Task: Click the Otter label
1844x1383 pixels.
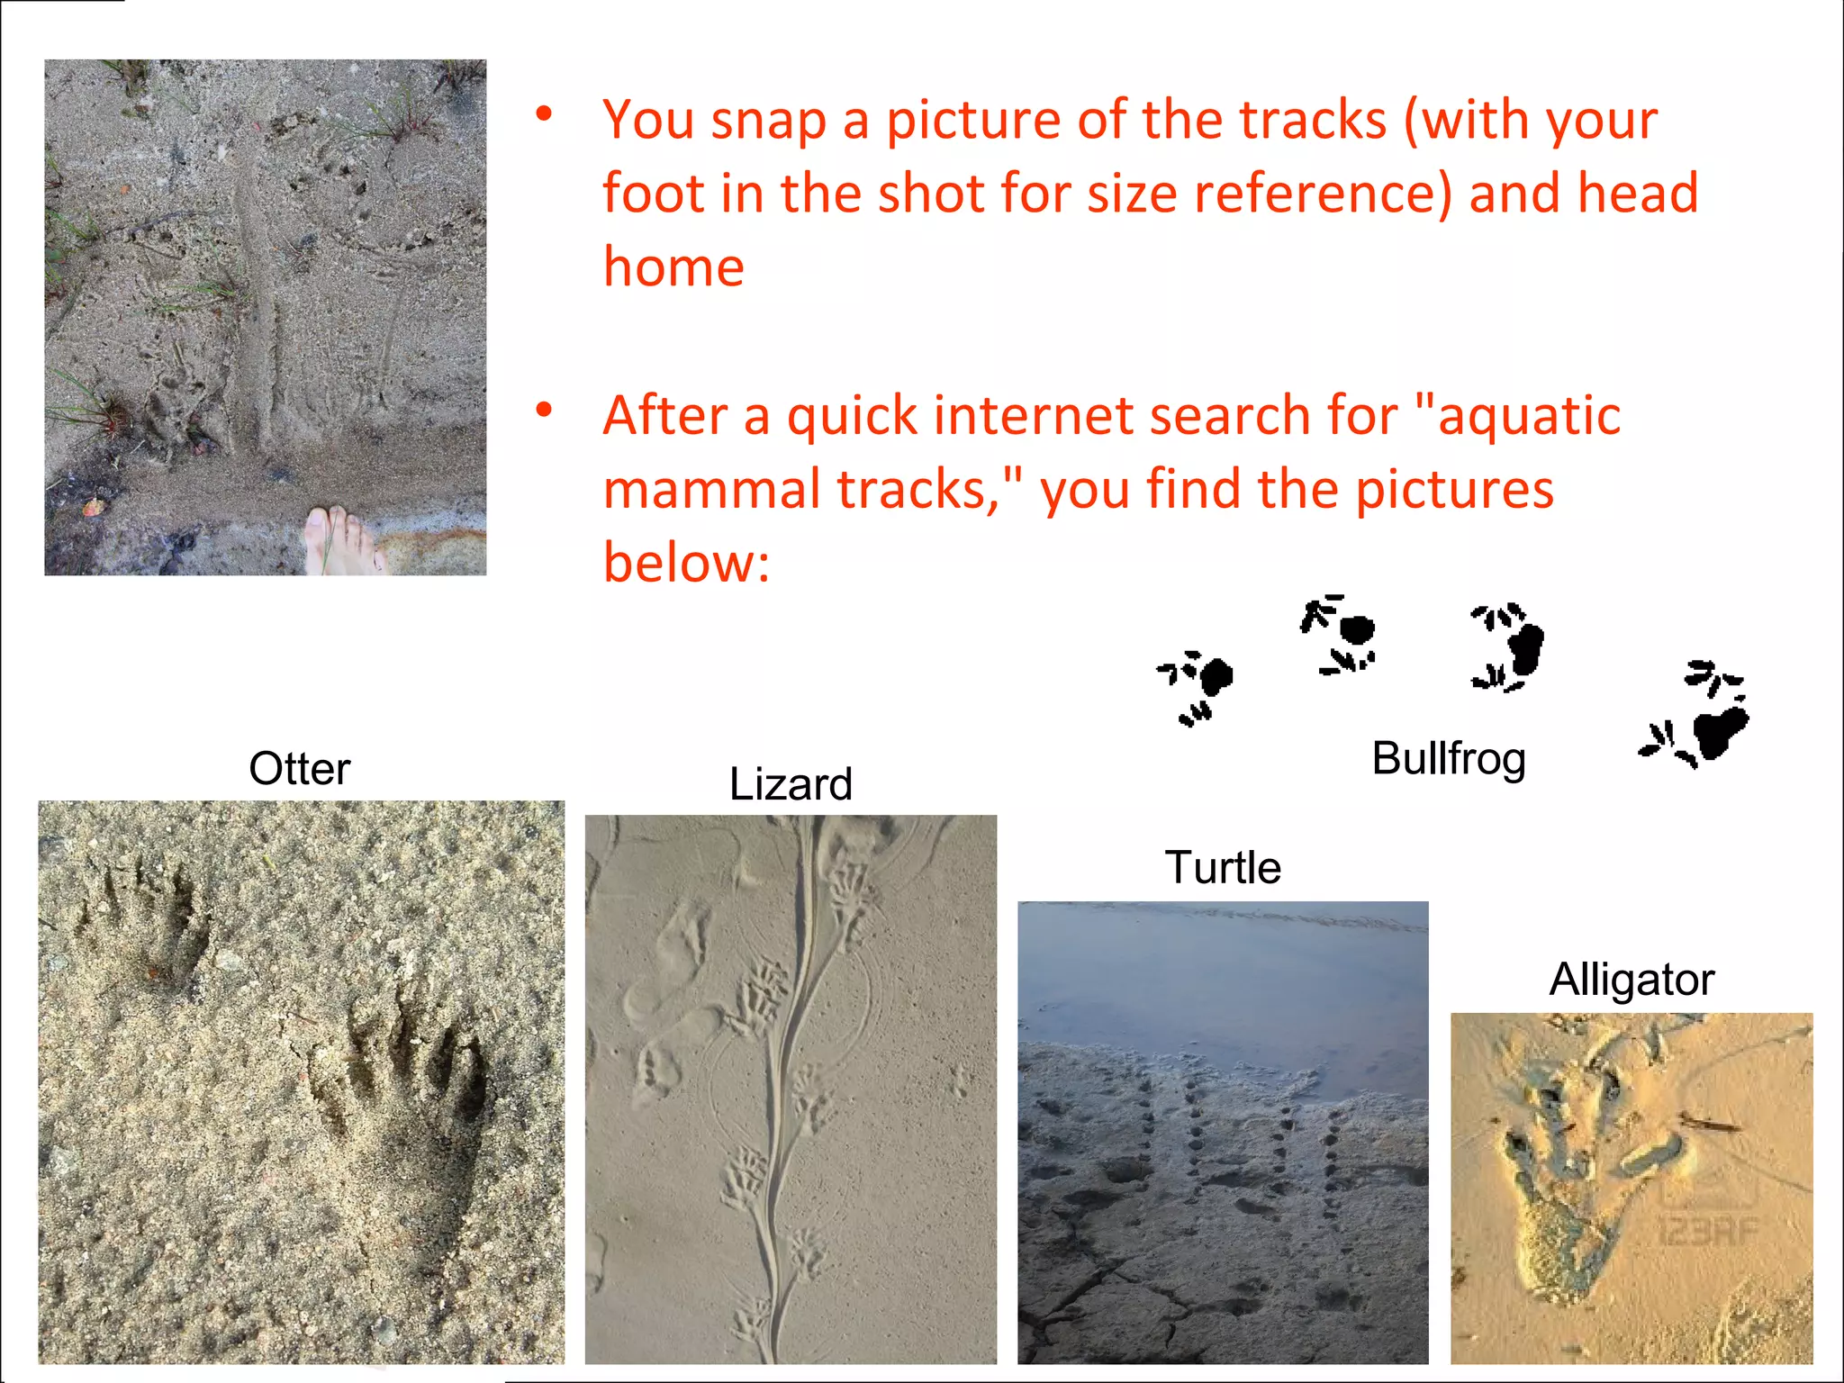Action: pos(299,769)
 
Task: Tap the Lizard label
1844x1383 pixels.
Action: pos(791,784)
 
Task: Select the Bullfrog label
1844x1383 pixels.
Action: pos(1448,759)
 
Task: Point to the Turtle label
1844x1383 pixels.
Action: pos(1222,868)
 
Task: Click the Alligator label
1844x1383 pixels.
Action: pos(1632,980)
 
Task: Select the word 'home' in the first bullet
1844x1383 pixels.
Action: pos(673,267)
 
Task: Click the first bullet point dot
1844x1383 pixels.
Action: pos(544,114)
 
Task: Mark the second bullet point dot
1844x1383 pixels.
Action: pos(544,411)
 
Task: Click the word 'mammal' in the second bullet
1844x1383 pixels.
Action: pos(710,490)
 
